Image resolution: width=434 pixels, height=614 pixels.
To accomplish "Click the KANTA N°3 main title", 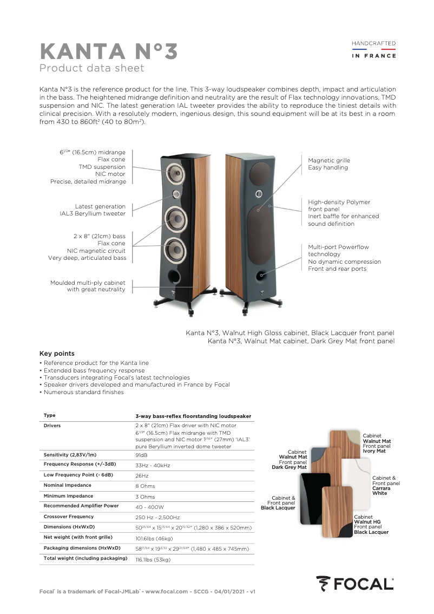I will (108, 53).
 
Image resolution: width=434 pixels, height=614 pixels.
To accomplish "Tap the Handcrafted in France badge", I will (374, 49).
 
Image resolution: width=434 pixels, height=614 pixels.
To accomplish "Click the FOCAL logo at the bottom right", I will (355, 584).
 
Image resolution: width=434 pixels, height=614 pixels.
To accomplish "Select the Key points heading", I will (57, 354).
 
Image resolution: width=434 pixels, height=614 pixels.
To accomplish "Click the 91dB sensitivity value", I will (142, 455).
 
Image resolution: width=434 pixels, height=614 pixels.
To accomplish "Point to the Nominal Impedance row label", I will (68, 485).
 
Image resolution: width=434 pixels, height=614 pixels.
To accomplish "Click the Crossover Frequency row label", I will (69, 517).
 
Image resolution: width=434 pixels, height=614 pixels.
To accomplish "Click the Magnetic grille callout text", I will (329, 164).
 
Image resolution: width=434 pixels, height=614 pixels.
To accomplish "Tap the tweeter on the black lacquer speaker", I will (176, 193).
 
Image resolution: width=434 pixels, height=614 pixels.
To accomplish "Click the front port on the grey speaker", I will (262, 275).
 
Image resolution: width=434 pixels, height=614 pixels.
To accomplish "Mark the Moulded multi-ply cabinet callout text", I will (88, 286).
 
